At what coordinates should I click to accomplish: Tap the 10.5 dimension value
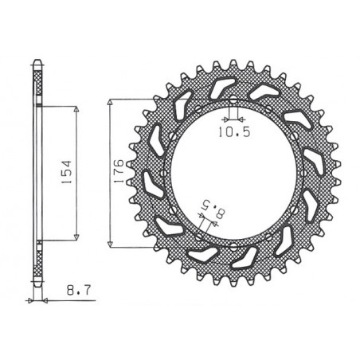[x=232, y=133]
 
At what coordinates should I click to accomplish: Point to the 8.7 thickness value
[x=72, y=294]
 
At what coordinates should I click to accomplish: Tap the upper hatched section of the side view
[x=37, y=88]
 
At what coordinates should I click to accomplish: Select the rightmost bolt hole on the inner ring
[x=300, y=173]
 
